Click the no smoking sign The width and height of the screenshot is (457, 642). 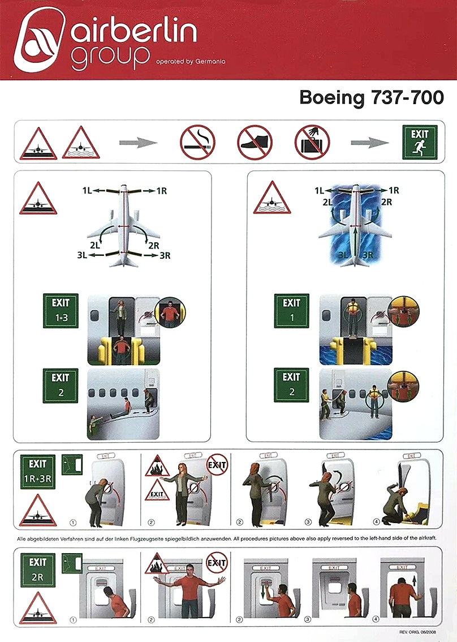[x=197, y=142]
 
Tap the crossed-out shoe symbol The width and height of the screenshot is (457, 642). [x=255, y=142]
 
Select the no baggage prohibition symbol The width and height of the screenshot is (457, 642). [x=312, y=142]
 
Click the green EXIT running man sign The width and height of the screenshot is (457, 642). [x=419, y=142]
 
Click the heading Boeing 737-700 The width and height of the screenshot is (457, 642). [x=371, y=97]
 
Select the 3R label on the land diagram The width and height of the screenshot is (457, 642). [x=165, y=256]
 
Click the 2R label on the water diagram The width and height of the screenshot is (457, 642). [x=387, y=202]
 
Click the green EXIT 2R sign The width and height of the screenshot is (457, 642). [x=38, y=570]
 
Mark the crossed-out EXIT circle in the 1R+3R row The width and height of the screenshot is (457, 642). [x=217, y=465]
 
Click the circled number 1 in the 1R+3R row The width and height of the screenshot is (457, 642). [x=73, y=521]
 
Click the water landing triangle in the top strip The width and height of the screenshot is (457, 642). [x=80, y=143]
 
